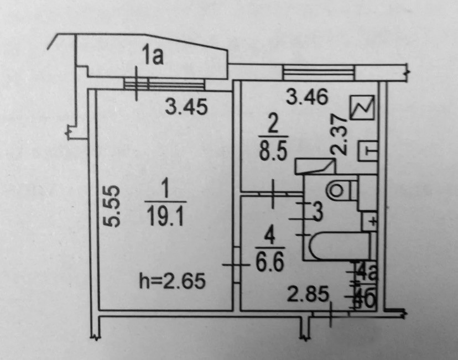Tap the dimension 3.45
click(x=186, y=107)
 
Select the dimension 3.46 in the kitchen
click(x=307, y=97)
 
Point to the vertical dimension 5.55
click(x=113, y=206)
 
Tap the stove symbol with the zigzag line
click(x=362, y=106)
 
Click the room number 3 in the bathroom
click(x=317, y=212)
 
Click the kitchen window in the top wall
click(x=318, y=72)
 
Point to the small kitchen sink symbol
click(x=368, y=149)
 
